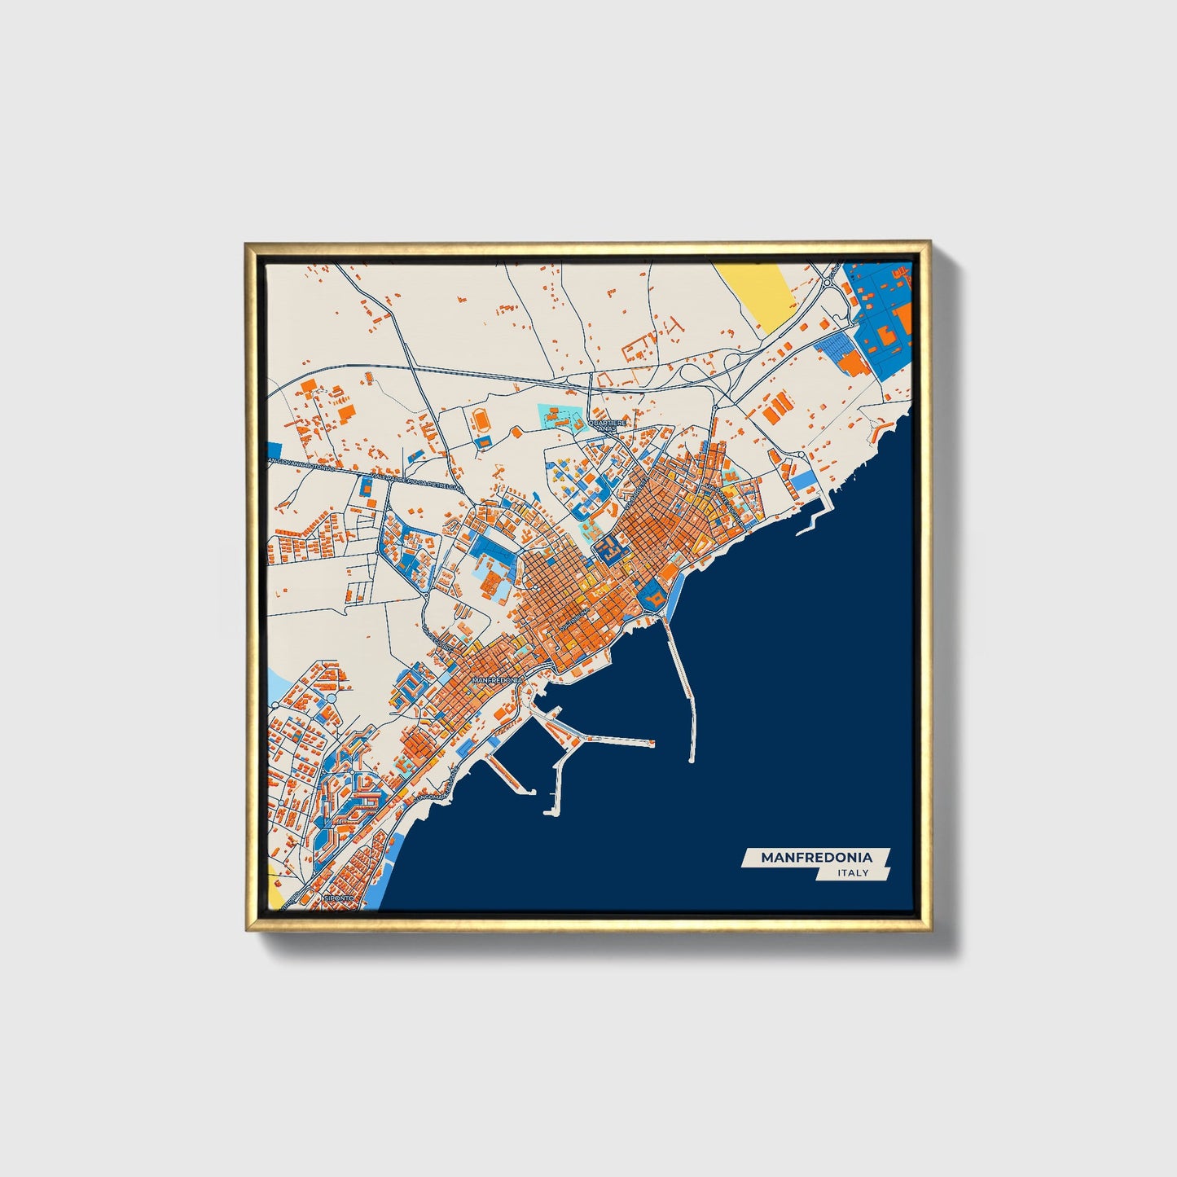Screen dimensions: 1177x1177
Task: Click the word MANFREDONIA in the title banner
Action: (x=816, y=857)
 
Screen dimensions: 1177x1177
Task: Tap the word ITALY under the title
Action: (x=853, y=873)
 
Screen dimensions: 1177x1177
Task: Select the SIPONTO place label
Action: (x=339, y=898)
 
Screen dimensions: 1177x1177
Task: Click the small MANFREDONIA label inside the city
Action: (x=495, y=679)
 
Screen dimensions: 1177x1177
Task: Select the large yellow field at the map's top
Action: (x=757, y=295)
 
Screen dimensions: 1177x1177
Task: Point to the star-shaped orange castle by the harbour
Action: (x=652, y=599)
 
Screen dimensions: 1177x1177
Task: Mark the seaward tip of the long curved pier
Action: (x=692, y=759)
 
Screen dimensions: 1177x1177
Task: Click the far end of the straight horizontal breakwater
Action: (x=652, y=743)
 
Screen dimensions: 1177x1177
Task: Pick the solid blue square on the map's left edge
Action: (x=274, y=450)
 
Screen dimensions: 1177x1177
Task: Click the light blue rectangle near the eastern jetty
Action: (x=803, y=481)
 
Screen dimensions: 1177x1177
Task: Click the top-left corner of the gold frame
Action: (x=246, y=244)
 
